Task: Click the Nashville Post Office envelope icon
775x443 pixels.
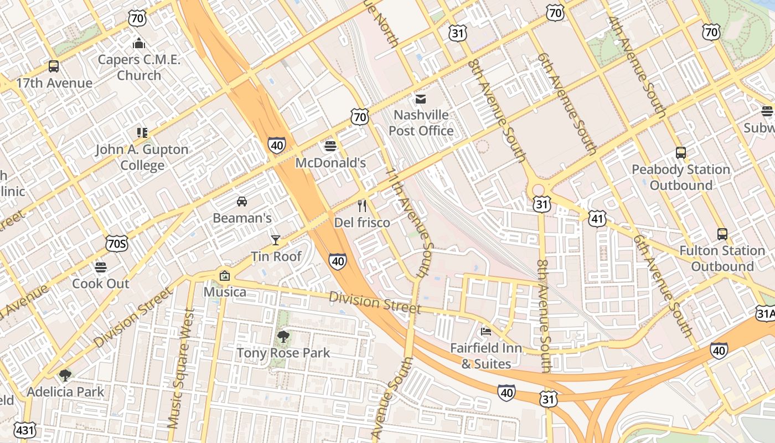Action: [421, 99]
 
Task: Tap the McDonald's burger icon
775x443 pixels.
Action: [330, 146]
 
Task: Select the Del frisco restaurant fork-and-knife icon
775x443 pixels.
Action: [362, 206]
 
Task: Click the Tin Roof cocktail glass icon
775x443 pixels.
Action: [276, 240]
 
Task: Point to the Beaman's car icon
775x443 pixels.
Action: [242, 201]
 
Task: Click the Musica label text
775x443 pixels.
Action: [225, 292]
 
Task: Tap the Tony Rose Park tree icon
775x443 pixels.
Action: [283, 336]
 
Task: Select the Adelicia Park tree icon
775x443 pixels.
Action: [65, 375]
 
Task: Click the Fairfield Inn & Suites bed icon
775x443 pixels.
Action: [485, 332]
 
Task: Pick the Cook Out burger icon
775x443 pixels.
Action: [101, 267]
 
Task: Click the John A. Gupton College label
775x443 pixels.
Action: [142, 157]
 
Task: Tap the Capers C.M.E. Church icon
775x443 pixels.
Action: [139, 43]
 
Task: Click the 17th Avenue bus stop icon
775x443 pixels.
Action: [54, 66]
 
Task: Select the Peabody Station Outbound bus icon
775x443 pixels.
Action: [681, 153]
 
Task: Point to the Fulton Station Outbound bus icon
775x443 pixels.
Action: [722, 234]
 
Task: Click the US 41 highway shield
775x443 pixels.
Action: [597, 219]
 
